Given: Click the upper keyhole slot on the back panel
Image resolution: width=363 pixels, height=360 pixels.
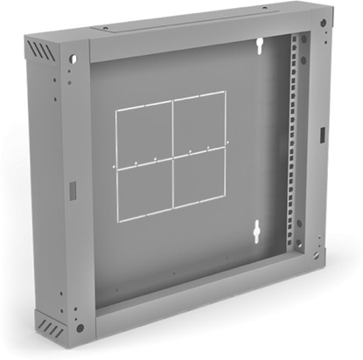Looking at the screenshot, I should (260, 45).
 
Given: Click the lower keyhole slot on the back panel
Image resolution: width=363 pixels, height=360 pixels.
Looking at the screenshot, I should (257, 232).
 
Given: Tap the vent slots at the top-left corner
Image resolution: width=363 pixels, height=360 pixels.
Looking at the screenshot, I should (42, 52).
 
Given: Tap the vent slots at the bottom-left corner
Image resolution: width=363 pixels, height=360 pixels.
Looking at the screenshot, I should (51, 330).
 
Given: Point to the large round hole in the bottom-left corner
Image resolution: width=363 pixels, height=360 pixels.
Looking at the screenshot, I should (80, 328).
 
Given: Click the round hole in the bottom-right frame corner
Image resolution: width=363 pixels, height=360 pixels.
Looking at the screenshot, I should (319, 254).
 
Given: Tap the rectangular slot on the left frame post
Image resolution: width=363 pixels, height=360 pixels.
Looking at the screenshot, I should (73, 189).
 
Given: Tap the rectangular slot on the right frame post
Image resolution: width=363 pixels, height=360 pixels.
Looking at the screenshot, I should (322, 135).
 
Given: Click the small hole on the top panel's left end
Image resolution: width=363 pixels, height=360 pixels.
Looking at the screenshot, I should (104, 28).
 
